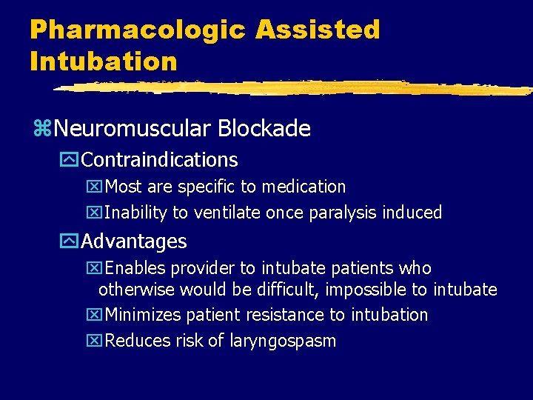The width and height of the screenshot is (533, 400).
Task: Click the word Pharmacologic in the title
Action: pyautogui.click(x=137, y=30)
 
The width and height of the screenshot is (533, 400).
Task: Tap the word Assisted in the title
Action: pyautogui.click(x=318, y=30)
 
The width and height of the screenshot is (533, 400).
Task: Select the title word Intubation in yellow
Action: pyautogui.click(x=104, y=61)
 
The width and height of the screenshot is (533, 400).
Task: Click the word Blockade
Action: pyautogui.click(x=264, y=129)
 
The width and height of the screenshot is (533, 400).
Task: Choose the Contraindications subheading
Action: pyautogui.click(x=159, y=159)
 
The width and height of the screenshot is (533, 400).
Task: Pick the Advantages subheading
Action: pyautogui.click(x=133, y=241)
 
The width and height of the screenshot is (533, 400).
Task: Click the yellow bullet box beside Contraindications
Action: pyautogui.click(x=71, y=160)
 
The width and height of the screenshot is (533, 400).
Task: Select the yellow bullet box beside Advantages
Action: pyautogui.click(x=71, y=241)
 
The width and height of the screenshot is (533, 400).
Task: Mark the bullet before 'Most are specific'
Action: pyautogui.click(x=93, y=187)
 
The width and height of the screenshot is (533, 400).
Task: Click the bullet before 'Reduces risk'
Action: pyautogui.click(x=93, y=341)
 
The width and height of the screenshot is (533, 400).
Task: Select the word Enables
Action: pyautogui.click(x=133, y=268)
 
